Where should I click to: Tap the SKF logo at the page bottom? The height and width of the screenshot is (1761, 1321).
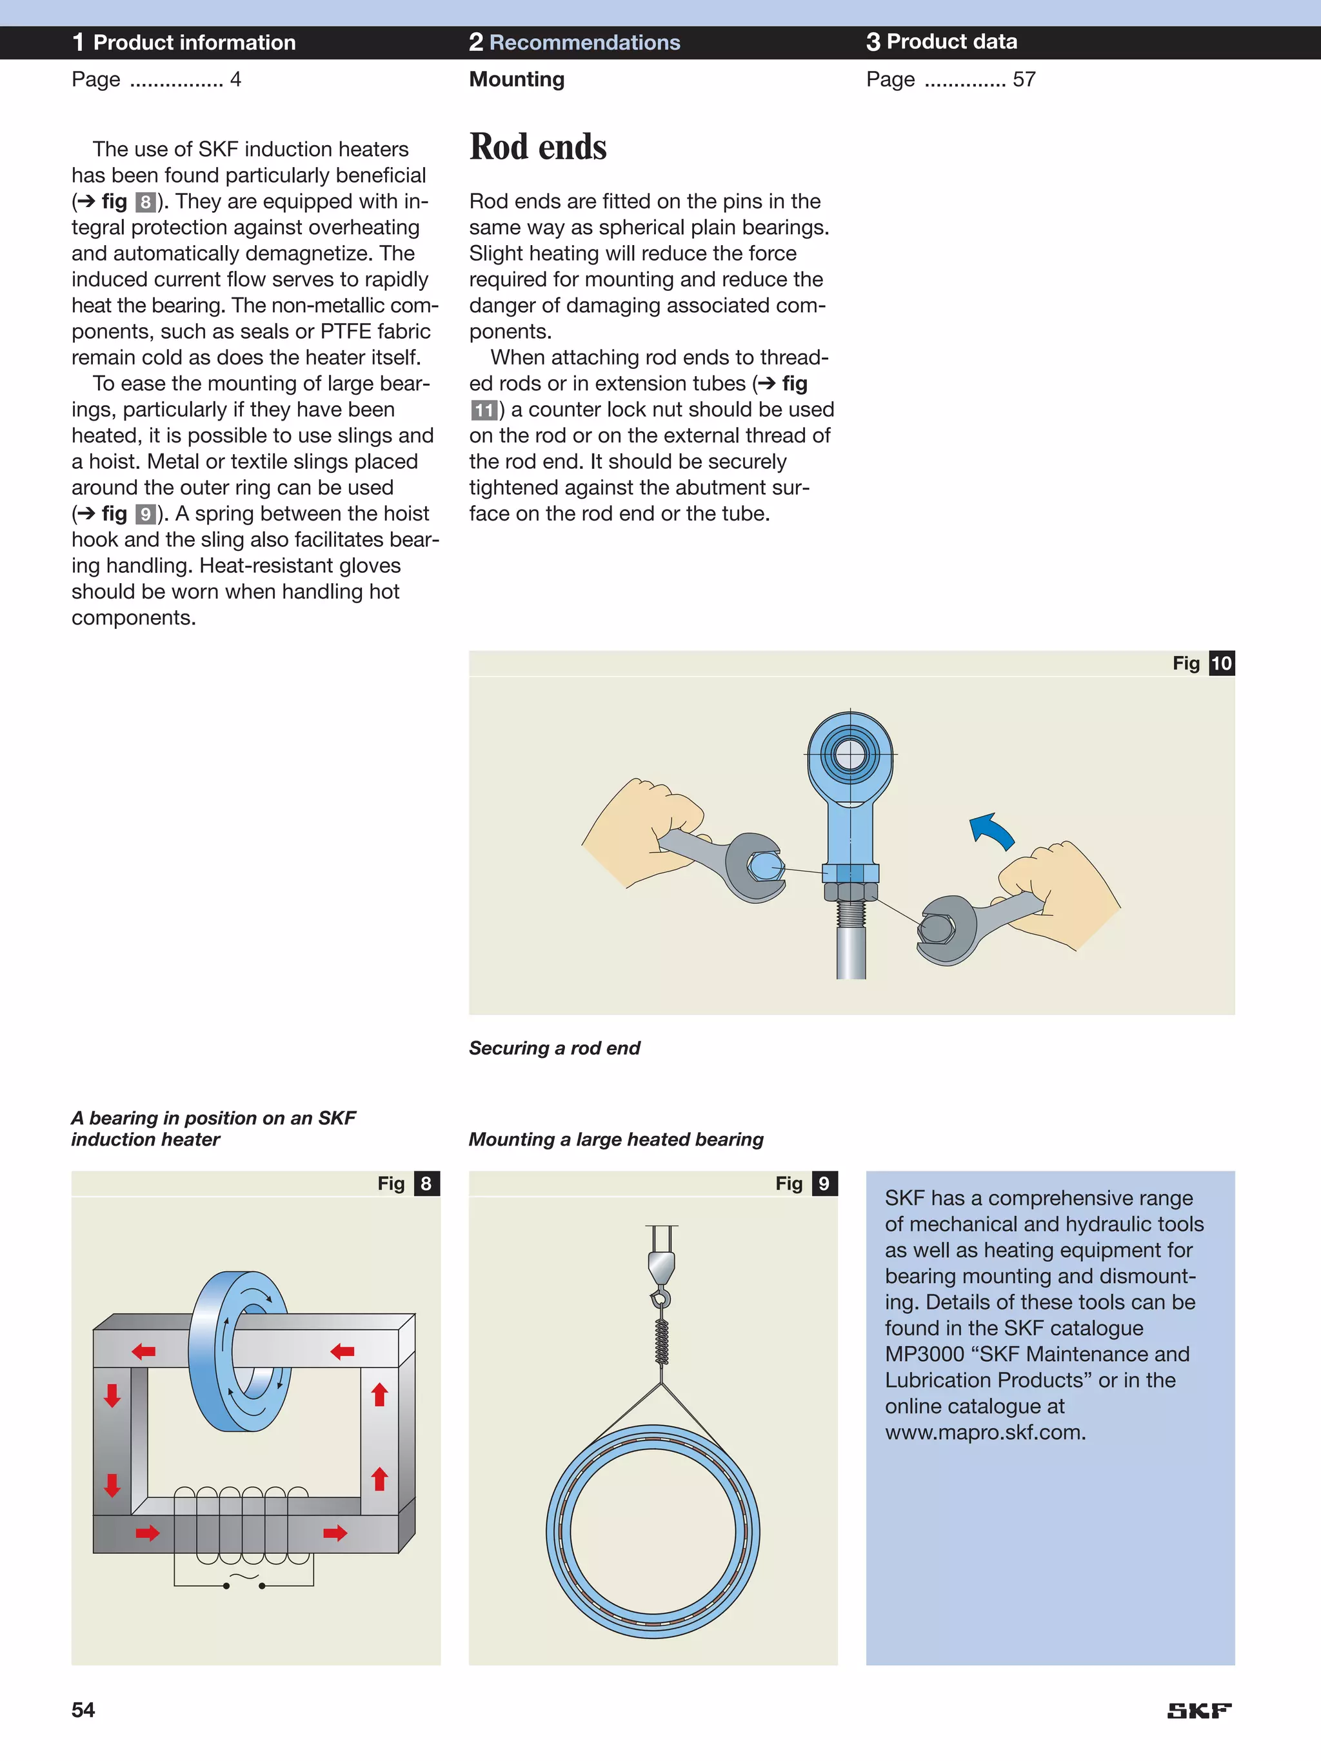(1198, 1710)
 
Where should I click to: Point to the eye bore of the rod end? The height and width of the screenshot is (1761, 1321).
(849, 754)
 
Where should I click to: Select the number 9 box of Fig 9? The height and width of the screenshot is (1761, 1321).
(824, 1184)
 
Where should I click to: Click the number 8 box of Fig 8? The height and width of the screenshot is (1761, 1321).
(426, 1184)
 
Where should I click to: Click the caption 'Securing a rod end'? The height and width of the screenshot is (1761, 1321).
(554, 1048)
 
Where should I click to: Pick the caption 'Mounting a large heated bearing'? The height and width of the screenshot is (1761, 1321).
(615, 1139)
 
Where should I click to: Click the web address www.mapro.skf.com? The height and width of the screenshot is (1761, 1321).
(985, 1432)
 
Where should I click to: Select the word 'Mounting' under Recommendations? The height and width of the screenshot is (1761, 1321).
(517, 79)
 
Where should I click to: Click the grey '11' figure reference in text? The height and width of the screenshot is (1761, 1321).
(483, 411)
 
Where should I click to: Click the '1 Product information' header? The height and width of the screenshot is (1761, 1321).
(184, 42)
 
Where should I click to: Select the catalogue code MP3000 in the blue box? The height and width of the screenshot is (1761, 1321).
(924, 1354)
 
